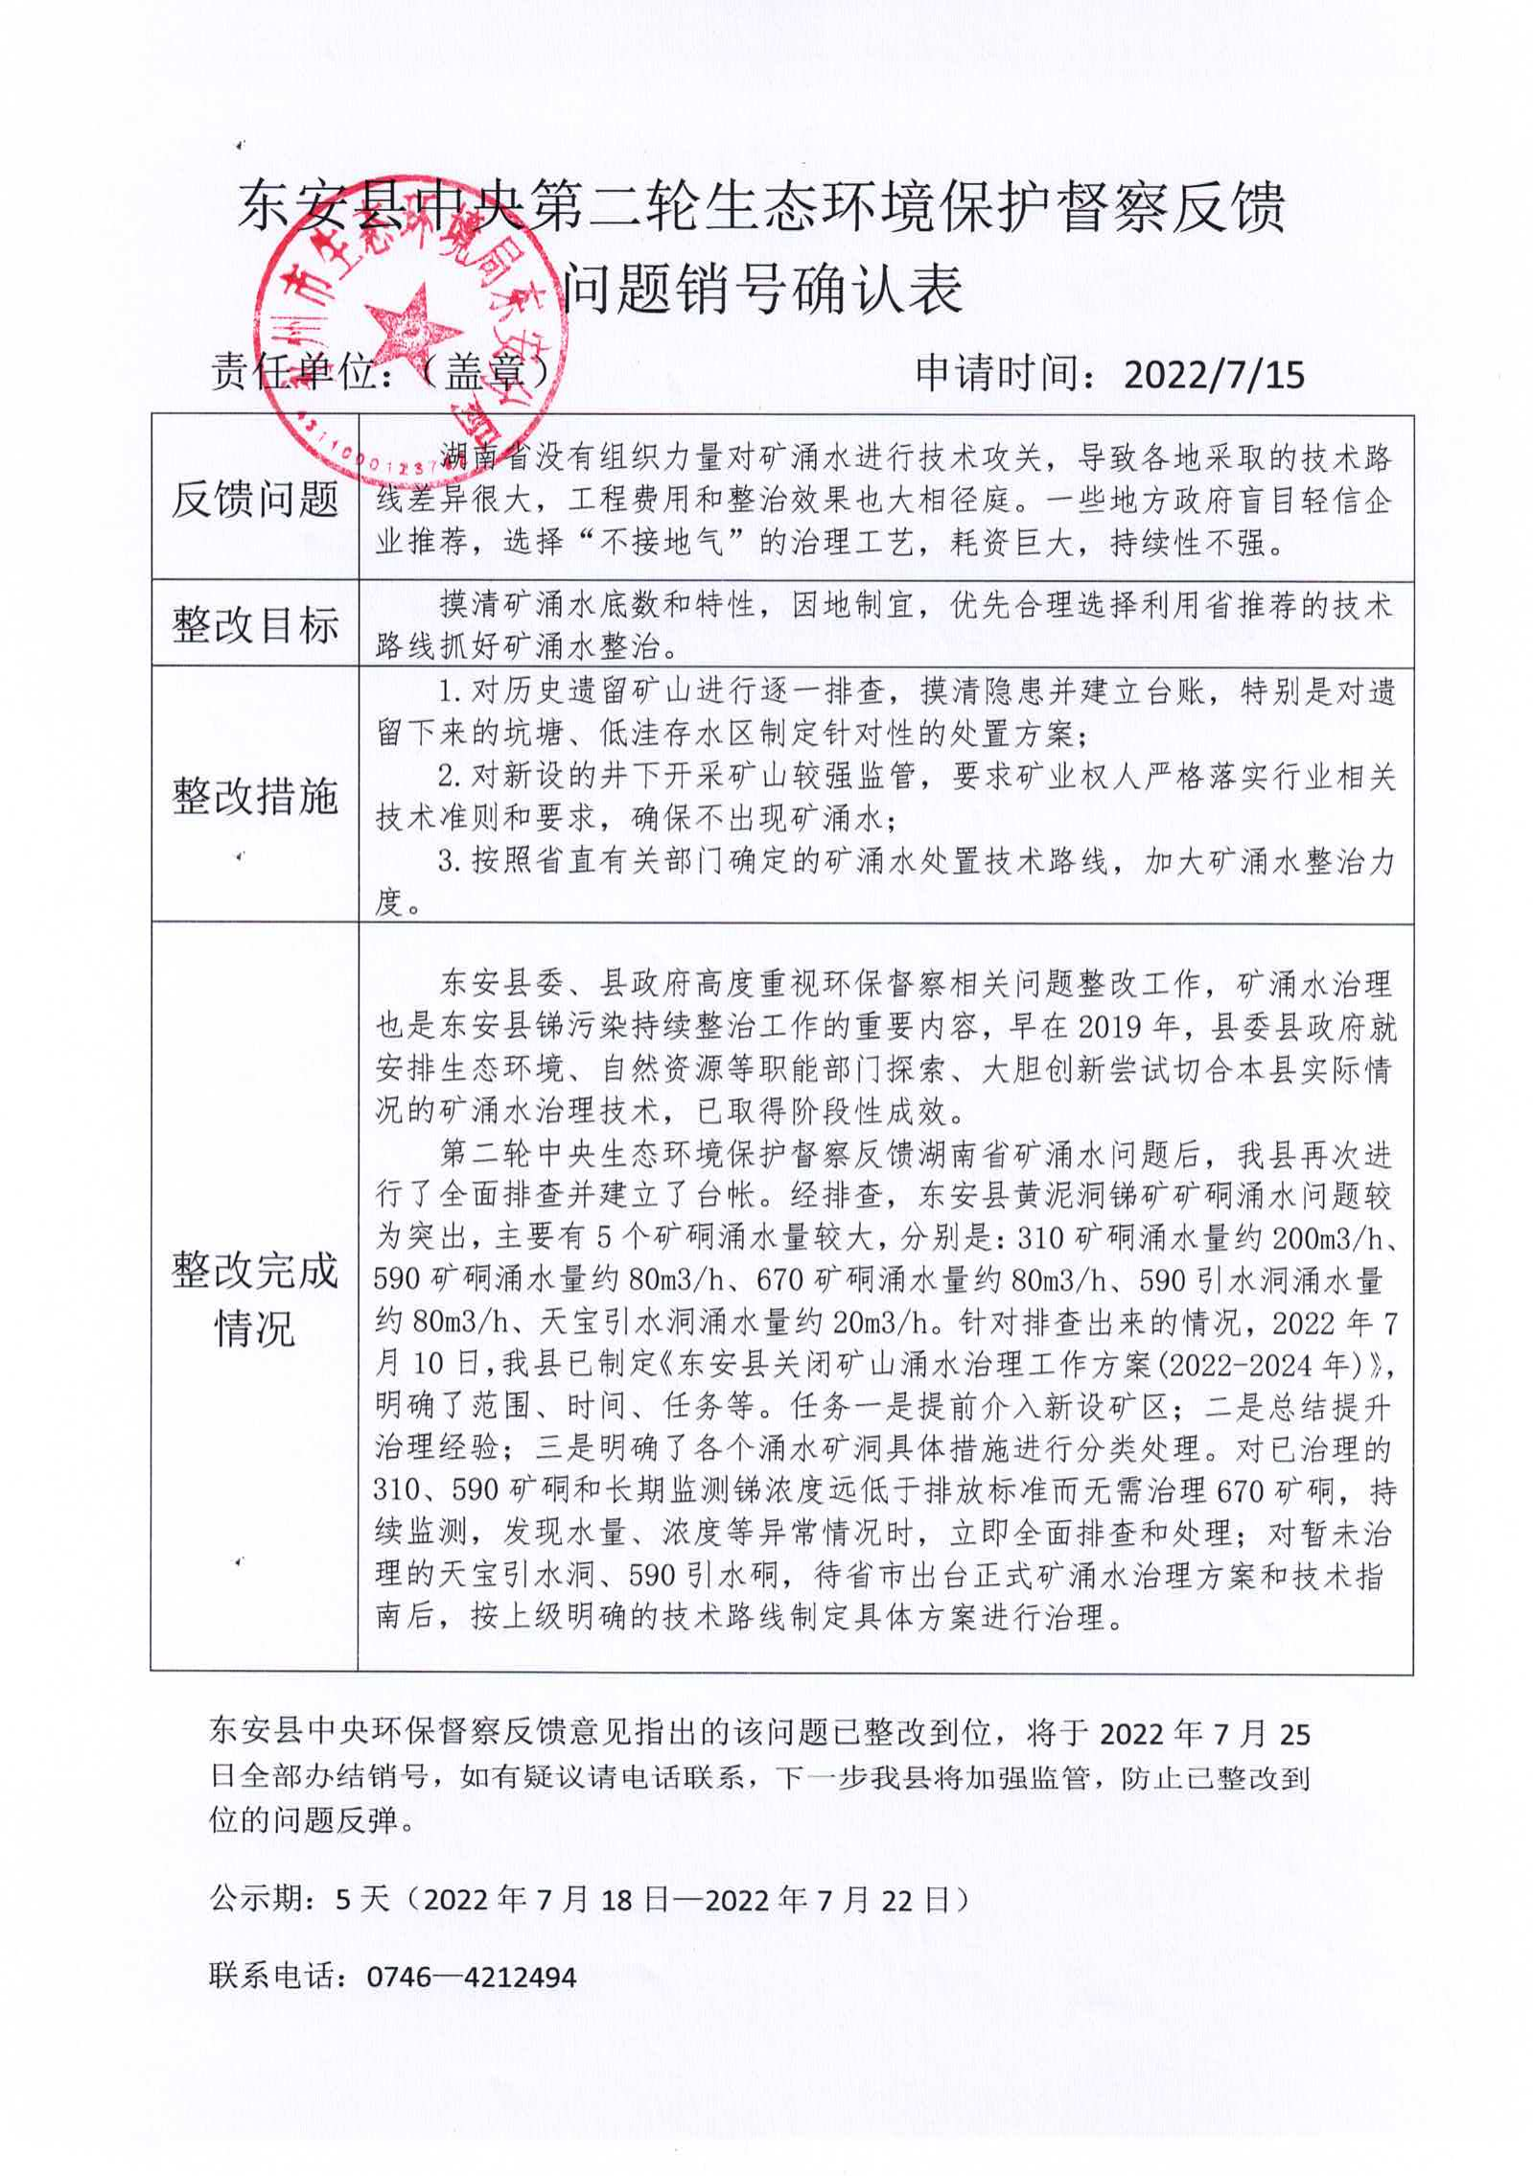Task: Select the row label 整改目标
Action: tap(254, 625)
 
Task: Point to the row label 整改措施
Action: tap(254, 795)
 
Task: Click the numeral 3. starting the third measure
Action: tap(451, 861)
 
